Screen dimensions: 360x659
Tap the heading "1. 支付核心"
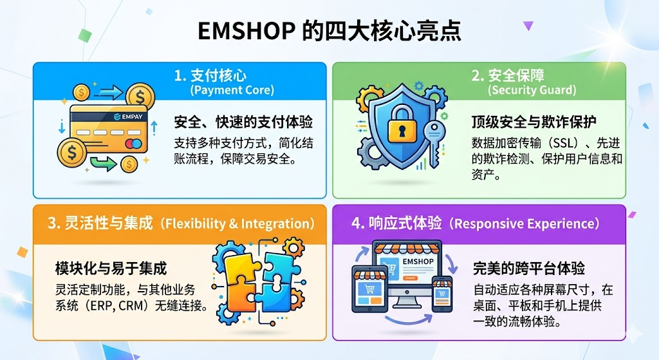(x=210, y=75)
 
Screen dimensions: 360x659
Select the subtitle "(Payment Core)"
(x=232, y=90)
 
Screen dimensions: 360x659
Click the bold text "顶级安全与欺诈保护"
(x=534, y=122)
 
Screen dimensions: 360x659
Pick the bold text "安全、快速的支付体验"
(x=243, y=122)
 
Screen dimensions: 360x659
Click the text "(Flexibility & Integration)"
(x=239, y=223)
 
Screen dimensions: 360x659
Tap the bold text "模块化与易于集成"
(x=111, y=267)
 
